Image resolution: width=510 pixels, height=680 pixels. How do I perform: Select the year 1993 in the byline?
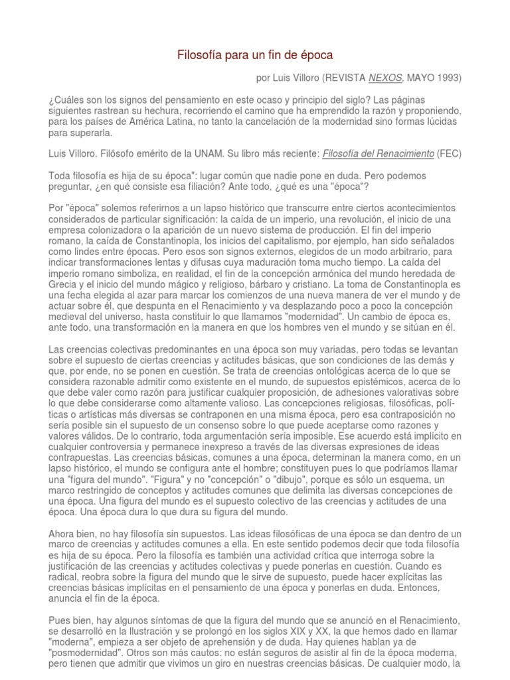pos(448,78)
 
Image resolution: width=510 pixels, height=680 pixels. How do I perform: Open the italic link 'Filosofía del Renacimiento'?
pos(377,154)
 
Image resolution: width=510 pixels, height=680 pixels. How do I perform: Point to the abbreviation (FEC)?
pos(449,154)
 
